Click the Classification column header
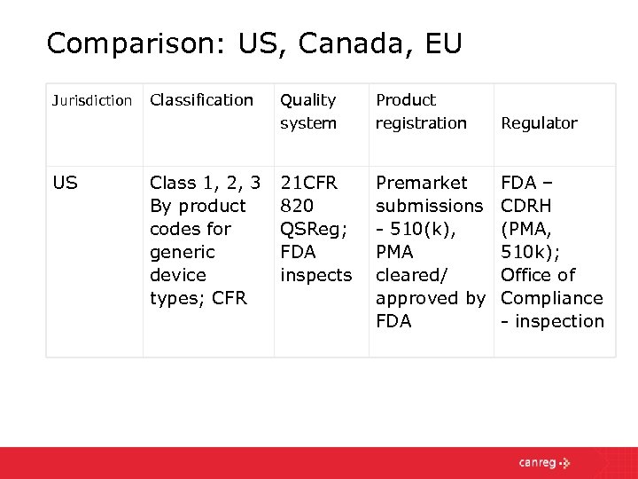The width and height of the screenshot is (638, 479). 201,100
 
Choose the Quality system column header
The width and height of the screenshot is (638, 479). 308,112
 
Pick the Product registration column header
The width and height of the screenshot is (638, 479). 421,112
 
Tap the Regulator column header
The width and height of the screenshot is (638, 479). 539,123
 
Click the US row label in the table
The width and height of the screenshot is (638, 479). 65,183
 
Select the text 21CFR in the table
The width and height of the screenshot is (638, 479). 308,183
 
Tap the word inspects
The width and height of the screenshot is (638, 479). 315,275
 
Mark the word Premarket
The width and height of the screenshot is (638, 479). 421,183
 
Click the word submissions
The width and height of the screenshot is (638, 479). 429,206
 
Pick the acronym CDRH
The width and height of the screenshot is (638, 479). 526,206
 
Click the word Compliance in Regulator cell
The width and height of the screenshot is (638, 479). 551,298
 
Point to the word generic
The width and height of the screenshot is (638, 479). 183,252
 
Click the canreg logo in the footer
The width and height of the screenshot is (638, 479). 544,462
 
